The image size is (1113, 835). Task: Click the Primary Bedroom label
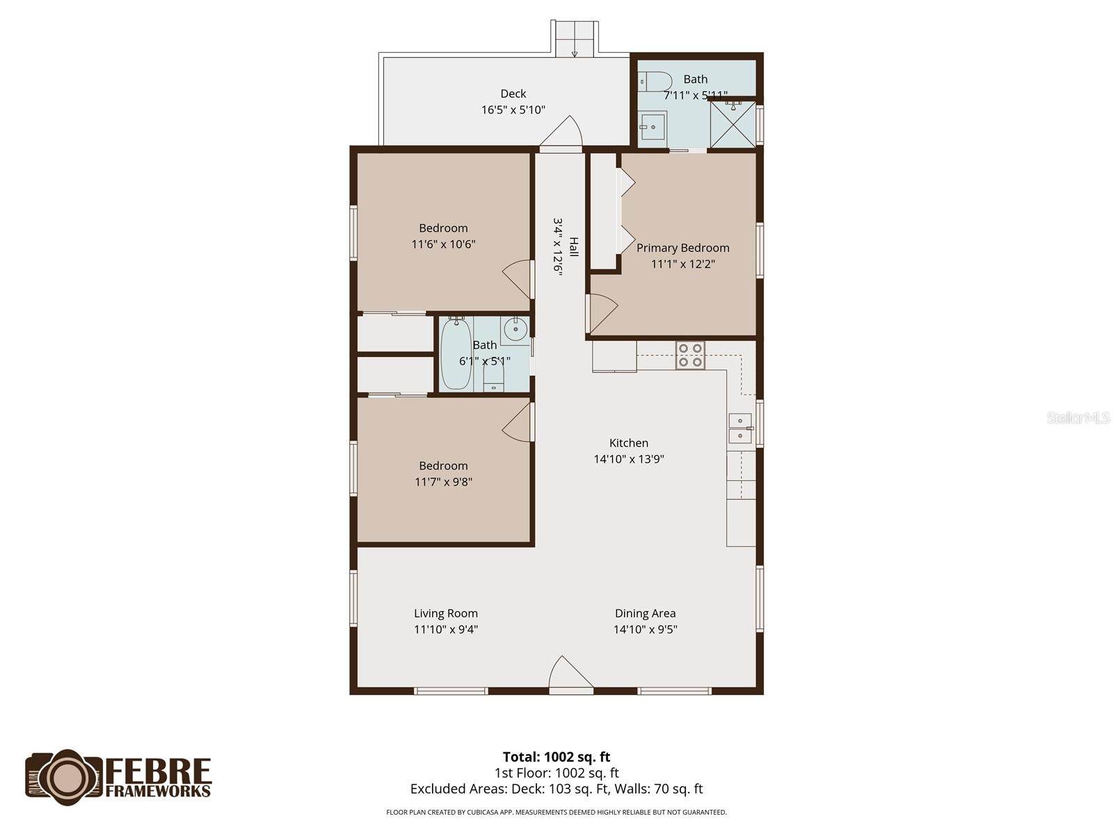point(682,248)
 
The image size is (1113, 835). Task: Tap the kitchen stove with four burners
point(690,355)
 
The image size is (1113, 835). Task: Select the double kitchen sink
point(740,429)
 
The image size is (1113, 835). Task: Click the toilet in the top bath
point(655,81)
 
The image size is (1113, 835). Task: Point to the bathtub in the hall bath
point(456,353)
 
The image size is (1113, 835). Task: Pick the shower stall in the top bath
point(732,125)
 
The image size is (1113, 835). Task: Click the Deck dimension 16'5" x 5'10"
point(513,109)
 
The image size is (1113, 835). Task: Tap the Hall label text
point(573,246)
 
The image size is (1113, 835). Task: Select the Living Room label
point(446,614)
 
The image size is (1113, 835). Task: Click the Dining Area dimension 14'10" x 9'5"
point(645,629)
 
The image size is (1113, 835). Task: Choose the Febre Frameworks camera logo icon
point(64,777)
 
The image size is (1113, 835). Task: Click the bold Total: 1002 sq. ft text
point(556,757)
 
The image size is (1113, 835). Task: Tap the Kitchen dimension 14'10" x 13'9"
point(629,459)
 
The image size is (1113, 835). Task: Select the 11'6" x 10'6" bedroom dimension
point(443,244)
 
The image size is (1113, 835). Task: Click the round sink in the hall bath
point(515,330)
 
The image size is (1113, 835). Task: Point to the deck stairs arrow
point(575,54)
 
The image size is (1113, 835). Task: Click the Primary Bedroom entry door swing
point(602,313)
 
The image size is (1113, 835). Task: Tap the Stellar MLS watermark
point(1078,417)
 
